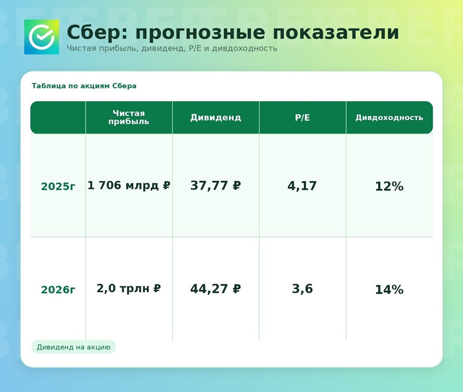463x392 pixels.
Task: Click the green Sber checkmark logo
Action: coord(42,37)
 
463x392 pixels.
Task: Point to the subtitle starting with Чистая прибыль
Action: coord(172,48)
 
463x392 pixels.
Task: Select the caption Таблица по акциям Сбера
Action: coord(84,86)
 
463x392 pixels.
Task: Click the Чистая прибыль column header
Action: coord(129,118)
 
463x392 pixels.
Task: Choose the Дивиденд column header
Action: coord(215,118)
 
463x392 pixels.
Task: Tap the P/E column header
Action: coord(302,118)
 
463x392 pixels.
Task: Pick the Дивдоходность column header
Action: coord(389,118)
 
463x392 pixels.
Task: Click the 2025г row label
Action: coord(58,187)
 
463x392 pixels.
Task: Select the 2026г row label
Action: coord(58,290)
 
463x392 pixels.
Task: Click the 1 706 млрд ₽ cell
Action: coord(129,186)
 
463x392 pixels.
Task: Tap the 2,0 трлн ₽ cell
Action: coord(129,289)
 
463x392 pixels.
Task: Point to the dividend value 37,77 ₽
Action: coord(215,186)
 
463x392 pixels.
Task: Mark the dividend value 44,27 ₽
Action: coord(215,289)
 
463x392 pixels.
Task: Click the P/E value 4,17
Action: coord(302,186)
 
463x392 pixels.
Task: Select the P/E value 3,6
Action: coord(302,289)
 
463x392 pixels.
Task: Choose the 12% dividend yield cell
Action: coord(389,187)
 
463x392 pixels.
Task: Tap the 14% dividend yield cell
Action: coord(389,290)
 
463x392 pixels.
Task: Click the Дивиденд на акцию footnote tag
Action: coord(74,347)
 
